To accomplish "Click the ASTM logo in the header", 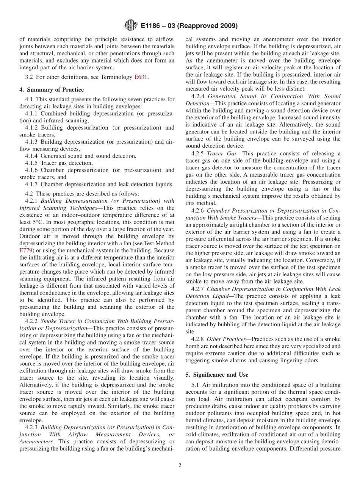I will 131,26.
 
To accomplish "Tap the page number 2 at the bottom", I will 180,466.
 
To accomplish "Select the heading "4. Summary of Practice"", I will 52,90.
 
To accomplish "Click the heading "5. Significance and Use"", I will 217,375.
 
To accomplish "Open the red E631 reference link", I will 141,77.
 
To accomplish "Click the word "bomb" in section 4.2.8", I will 193,346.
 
